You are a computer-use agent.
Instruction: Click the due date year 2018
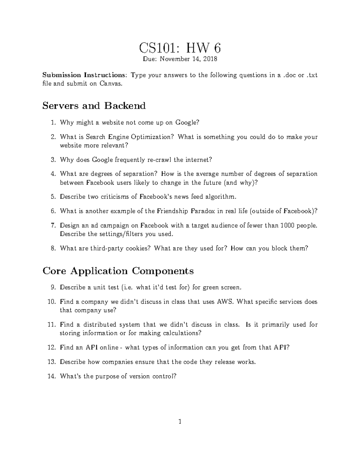210,59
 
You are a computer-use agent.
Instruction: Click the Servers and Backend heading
94,106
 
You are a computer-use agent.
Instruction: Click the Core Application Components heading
118,271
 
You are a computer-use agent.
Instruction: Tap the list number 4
53,174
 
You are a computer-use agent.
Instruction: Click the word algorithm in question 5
221,197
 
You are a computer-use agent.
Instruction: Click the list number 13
52,362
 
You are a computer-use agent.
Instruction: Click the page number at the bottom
180,422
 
